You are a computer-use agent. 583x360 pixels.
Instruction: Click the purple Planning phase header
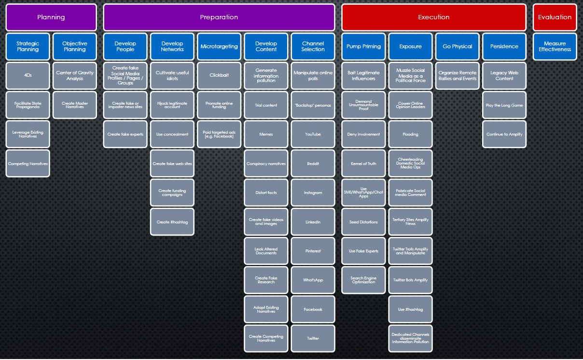pyautogui.click(x=51, y=17)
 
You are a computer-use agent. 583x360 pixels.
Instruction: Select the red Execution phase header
pyautogui.click(x=433, y=17)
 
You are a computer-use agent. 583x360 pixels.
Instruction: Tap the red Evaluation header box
pyautogui.click(x=555, y=17)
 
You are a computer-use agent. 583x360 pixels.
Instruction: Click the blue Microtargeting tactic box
pyautogui.click(x=219, y=46)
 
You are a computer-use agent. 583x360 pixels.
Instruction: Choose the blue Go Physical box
pyautogui.click(x=457, y=46)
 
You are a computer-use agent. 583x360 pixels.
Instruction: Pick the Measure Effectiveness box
pyautogui.click(x=555, y=46)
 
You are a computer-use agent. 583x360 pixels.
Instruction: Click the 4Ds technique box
pyautogui.click(x=28, y=76)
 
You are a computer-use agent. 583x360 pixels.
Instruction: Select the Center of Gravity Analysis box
pyautogui.click(x=75, y=76)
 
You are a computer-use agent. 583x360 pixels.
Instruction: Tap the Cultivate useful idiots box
pyautogui.click(x=172, y=76)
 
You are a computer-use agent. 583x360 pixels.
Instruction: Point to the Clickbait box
pyautogui.click(x=219, y=76)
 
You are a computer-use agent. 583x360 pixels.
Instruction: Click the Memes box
pyautogui.click(x=266, y=134)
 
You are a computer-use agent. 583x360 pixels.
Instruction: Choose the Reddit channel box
pyautogui.click(x=313, y=164)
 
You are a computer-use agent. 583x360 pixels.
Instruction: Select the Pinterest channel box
pyautogui.click(x=313, y=251)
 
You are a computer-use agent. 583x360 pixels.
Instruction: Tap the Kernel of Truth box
pyautogui.click(x=363, y=164)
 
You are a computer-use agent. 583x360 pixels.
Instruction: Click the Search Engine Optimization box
pyautogui.click(x=363, y=280)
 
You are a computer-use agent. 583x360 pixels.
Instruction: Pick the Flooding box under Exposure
pyautogui.click(x=410, y=134)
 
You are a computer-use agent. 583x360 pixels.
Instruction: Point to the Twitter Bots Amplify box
pyautogui.click(x=410, y=280)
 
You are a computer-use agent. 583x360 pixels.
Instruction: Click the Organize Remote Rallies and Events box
pyautogui.click(x=457, y=76)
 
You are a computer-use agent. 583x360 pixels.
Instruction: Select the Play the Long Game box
pyautogui.click(x=504, y=105)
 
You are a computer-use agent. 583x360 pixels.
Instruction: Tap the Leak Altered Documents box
pyautogui.click(x=266, y=251)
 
